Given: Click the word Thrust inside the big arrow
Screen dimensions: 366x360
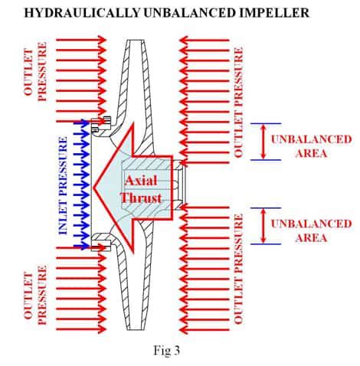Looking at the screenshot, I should click(141, 197).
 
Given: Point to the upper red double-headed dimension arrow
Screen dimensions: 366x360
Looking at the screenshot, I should click(263, 142).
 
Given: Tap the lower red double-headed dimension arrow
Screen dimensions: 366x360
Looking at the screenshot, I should click(263, 227).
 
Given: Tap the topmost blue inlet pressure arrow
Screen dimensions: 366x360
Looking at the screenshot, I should click(80, 123).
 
